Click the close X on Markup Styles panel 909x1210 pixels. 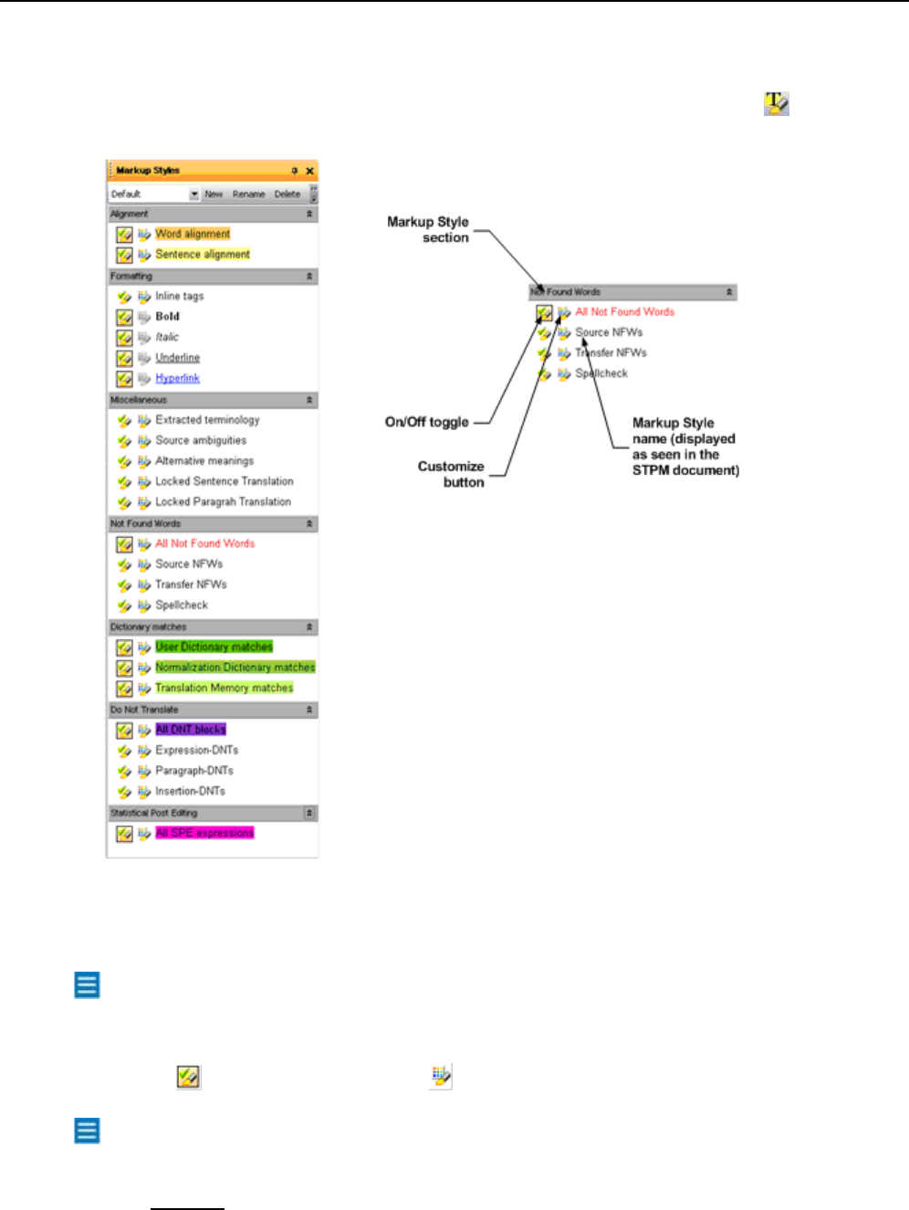[310, 171]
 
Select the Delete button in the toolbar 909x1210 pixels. [287, 195]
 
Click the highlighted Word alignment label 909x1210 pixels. [193, 234]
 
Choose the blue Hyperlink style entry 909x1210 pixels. [177, 378]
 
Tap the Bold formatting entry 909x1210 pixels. [167, 317]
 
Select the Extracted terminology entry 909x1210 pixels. [207, 420]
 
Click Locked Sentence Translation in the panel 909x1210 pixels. [224, 481]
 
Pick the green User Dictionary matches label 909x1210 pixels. [214, 647]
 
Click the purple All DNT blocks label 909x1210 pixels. [191, 730]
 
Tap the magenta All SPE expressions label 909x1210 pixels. [204, 833]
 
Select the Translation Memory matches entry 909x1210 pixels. [224, 688]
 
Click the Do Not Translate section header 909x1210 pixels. [144, 710]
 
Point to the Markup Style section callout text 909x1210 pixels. [428, 229]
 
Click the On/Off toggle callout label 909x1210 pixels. [426, 422]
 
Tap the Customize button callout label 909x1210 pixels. [451, 474]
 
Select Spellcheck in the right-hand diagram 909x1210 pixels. [601, 374]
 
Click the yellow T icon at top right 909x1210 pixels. [776, 103]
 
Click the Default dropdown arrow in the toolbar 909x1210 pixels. [194, 195]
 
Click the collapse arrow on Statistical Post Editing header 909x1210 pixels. [309, 813]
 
